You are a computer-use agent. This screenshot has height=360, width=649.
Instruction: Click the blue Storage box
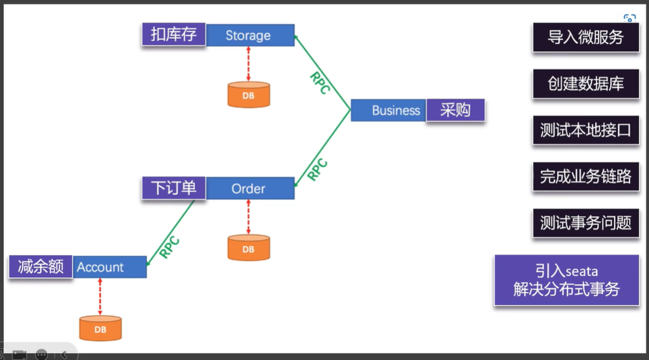tap(249, 36)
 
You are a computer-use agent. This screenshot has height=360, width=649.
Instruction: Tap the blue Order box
tap(249, 189)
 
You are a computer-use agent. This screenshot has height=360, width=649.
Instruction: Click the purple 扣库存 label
tap(174, 35)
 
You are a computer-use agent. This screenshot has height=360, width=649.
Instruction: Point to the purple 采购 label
tap(455, 110)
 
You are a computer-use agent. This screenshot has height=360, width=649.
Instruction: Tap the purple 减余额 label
tap(40, 267)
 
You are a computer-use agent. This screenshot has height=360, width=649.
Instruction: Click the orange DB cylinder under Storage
tap(249, 95)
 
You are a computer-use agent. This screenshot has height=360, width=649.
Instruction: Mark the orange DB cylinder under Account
tap(100, 328)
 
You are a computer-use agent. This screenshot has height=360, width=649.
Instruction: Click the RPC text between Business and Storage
tap(320, 83)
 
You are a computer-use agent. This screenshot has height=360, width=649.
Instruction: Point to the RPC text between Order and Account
tap(169, 247)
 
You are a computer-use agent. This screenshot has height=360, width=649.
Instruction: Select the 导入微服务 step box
tap(586, 38)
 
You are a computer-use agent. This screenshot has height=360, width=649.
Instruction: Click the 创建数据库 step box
tap(586, 84)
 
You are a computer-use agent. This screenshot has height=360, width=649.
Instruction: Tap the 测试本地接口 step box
tap(586, 130)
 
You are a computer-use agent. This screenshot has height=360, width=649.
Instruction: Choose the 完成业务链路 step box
tap(586, 176)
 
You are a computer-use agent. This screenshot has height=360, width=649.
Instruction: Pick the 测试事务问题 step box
tap(586, 223)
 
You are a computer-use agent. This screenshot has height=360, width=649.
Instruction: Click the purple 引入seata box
tap(567, 280)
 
